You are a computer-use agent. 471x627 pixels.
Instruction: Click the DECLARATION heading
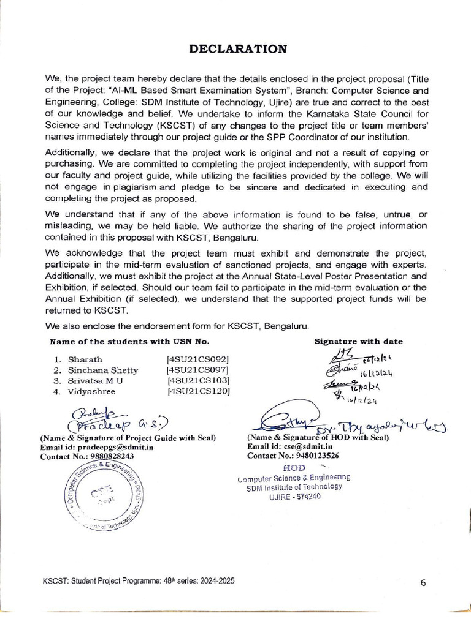pos(236,50)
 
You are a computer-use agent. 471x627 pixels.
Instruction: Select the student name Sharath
pos(85,359)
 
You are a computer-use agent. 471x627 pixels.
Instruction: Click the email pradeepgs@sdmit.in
pos(115,448)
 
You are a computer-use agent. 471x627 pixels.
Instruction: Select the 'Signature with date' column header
pos(359,342)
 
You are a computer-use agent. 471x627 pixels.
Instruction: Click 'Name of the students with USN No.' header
pos(129,341)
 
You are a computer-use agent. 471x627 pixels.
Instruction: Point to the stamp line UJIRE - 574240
pos(294,497)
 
